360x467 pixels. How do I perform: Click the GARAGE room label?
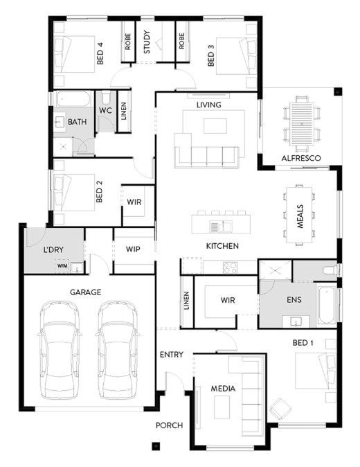click(x=85, y=292)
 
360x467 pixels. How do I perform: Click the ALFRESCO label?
click(x=300, y=159)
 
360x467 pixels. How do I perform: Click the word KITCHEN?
click(x=222, y=246)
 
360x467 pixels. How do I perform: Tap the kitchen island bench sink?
click(x=216, y=226)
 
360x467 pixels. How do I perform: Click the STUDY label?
click(x=147, y=42)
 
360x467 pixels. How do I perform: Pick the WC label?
click(x=105, y=110)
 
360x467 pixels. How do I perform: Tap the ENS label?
click(x=291, y=301)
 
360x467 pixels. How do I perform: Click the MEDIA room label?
click(x=224, y=389)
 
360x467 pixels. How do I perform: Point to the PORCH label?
click(x=168, y=425)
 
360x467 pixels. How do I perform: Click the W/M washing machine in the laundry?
click(x=62, y=266)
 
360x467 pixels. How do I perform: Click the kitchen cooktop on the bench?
click(x=230, y=266)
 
